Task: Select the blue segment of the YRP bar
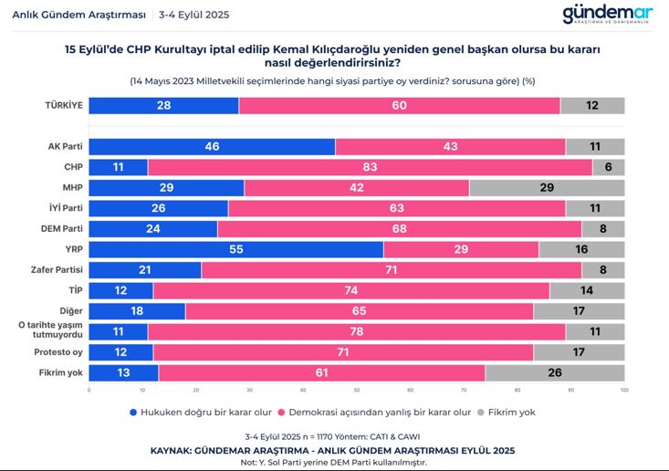(x=236, y=249)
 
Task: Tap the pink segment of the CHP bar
(x=370, y=167)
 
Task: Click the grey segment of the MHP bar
(x=547, y=187)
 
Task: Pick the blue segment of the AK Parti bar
(x=212, y=146)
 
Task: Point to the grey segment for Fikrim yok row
(x=555, y=372)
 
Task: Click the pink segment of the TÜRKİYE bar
(x=399, y=105)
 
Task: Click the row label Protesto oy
(x=58, y=352)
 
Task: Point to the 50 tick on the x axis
(x=357, y=391)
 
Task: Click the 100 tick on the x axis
(x=624, y=391)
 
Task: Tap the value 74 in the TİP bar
(x=351, y=290)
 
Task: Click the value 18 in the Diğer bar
(x=137, y=310)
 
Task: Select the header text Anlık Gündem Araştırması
(x=67, y=15)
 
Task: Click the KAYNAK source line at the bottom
(x=334, y=450)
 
